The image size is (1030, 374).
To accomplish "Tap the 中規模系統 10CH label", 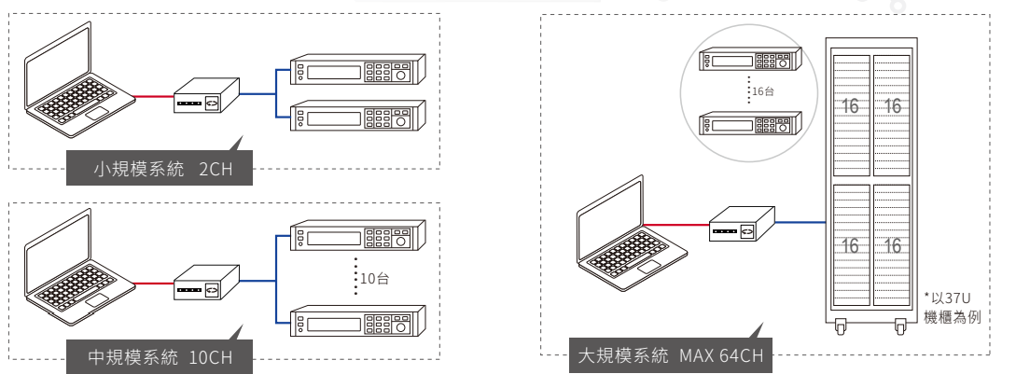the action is click(160, 357).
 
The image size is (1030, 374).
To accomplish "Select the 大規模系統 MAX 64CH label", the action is click(671, 355).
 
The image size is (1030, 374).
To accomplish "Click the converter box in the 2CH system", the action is click(206, 96).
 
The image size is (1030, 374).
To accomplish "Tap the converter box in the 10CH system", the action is click(206, 283).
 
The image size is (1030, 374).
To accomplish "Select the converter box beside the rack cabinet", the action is click(743, 224).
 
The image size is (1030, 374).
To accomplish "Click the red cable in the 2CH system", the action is click(154, 97).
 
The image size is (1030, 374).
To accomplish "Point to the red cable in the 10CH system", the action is click(154, 284).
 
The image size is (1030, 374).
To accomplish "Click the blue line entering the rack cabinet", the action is click(800, 222).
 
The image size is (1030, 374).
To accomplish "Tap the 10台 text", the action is click(374, 278).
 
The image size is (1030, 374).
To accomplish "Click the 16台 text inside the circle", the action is click(762, 91).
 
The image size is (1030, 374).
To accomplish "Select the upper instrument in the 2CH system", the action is click(358, 69).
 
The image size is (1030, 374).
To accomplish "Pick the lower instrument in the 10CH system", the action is click(358, 322).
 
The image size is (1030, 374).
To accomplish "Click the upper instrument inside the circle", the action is click(750, 59).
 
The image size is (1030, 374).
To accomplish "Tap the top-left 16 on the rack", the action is click(850, 105).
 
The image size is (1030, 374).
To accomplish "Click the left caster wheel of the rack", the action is click(841, 326).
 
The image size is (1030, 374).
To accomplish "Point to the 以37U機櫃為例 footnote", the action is click(953, 308).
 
